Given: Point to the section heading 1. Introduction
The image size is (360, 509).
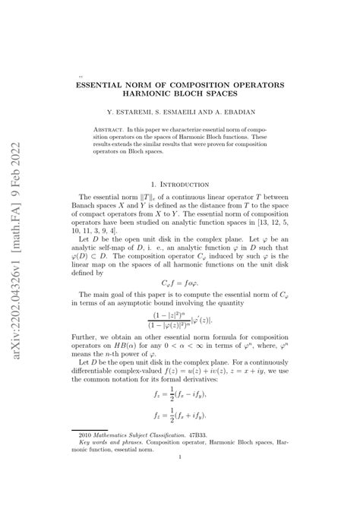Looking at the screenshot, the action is click(180, 184).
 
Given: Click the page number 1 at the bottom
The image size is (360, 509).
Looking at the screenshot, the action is click(180, 477).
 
